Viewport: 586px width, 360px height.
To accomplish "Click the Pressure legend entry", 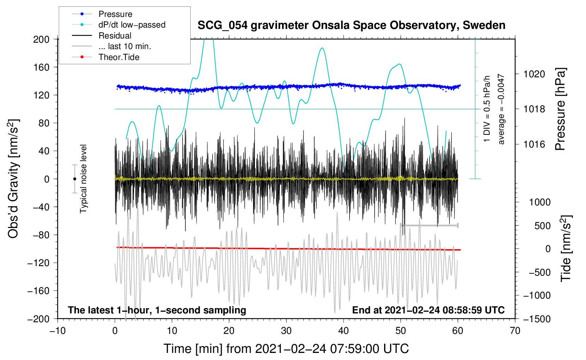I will [115, 14].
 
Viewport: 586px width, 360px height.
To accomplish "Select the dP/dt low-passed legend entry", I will [132, 25].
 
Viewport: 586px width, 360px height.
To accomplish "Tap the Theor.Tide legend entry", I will [119, 57].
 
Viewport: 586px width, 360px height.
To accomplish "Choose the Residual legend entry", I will [115, 36].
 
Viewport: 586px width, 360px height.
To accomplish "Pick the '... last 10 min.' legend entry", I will [125, 46].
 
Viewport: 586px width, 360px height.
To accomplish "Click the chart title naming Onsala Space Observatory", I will [351, 25].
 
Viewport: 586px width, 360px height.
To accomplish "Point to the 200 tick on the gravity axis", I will [41, 39].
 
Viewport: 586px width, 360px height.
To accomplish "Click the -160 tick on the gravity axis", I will [39, 291].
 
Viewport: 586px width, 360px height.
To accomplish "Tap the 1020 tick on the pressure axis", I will [534, 74].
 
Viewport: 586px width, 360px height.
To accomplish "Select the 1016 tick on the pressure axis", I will [534, 144].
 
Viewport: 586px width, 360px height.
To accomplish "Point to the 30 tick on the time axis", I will [286, 331].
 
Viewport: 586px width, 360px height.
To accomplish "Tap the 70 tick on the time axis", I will [515, 331].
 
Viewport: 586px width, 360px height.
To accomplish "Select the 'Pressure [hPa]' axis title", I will [560, 109].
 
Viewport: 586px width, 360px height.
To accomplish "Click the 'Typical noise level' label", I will [83, 179].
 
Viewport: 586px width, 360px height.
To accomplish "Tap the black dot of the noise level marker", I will [74, 179].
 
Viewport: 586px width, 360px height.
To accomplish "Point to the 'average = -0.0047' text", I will [501, 109].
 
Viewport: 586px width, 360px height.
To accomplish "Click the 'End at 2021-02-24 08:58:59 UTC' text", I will [428, 310].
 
